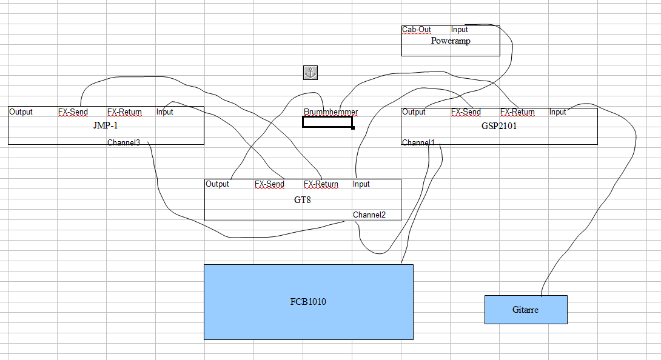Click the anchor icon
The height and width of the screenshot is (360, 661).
click(x=310, y=73)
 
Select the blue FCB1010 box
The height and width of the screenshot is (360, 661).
click(x=308, y=301)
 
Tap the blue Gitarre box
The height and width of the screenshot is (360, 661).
click(x=525, y=309)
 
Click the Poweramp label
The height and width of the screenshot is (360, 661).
click(x=451, y=41)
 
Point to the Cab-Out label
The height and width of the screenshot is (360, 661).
click(x=417, y=29)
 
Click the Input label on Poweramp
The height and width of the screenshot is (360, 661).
click(x=460, y=29)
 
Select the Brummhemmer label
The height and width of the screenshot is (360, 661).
click(x=330, y=112)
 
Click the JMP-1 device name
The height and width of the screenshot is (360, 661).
click(x=106, y=126)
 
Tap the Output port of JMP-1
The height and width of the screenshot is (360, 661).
click(x=21, y=112)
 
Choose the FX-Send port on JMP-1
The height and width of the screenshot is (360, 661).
click(x=73, y=112)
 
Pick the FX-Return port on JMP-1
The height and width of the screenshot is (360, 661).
click(x=124, y=112)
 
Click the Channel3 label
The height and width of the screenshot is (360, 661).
click(x=124, y=143)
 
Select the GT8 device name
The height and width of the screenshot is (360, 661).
click(x=302, y=199)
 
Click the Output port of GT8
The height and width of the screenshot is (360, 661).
click(x=218, y=184)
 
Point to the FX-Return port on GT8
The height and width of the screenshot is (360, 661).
click(x=321, y=184)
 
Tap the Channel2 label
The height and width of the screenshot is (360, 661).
click(x=369, y=215)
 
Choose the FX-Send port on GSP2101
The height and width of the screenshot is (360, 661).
click(x=466, y=112)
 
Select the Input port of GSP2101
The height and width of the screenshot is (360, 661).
click(x=558, y=112)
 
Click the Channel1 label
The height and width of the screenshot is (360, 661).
click(x=418, y=142)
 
